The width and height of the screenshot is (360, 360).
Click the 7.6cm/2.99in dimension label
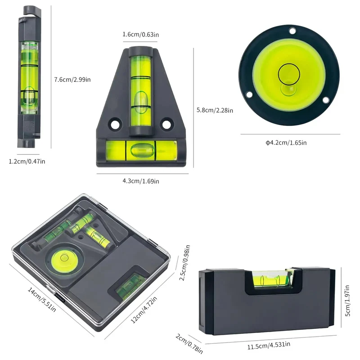(x=72, y=80)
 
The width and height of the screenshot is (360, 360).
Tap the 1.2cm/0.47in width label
(x=27, y=162)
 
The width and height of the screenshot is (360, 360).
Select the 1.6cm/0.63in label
(x=141, y=35)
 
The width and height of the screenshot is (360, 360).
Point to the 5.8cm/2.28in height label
(x=215, y=110)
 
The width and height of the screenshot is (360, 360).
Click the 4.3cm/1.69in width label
(x=141, y=181)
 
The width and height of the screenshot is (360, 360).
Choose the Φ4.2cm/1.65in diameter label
(x=286, y=143)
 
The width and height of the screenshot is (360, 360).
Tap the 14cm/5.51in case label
(x=42, y=299)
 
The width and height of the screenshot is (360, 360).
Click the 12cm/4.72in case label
(x=144, y=310)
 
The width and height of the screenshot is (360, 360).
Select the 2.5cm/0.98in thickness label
(x=184, y=263)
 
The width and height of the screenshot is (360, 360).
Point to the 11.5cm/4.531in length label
(x=269, y=345)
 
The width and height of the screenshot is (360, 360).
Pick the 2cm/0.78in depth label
(x=189, y=343)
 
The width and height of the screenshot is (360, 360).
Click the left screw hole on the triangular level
(x=115, y=125)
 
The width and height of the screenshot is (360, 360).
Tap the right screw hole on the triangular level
(x=166, y=125)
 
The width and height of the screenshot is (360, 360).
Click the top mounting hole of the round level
(x=292, y=31)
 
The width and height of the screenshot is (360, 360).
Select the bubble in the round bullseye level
(x=288, y=88)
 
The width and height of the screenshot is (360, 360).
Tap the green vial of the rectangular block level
(x=271, y=279)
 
